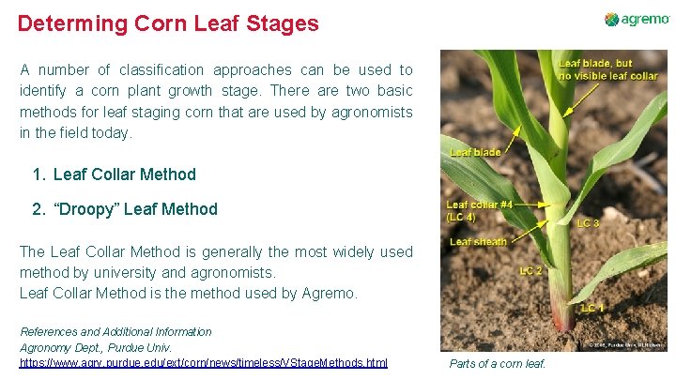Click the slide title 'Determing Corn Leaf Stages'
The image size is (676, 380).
(x=168, y=23)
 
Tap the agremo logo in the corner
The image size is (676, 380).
(x=637, y=20)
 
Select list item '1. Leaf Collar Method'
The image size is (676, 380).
(x=114, y=175)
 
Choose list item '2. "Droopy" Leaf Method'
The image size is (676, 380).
(x=124, y=209)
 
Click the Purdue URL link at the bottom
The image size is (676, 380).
(x=203, y=362)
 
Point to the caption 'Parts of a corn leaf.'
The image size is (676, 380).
(x=497, y=363)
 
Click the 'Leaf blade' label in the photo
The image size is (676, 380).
(x=474, y=152)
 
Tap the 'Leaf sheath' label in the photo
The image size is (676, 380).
(x=477, y=242)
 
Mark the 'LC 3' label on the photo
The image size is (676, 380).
(x=588, y=223)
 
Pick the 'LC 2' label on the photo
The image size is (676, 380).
(x=530, y=271)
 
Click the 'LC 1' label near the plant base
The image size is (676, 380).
(x=592, y=308)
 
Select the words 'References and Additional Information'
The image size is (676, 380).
(x=115, y=331)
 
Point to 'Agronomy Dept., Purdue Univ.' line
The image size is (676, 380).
(x=90, y=346)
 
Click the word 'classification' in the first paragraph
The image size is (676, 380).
(x=163, y=70)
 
